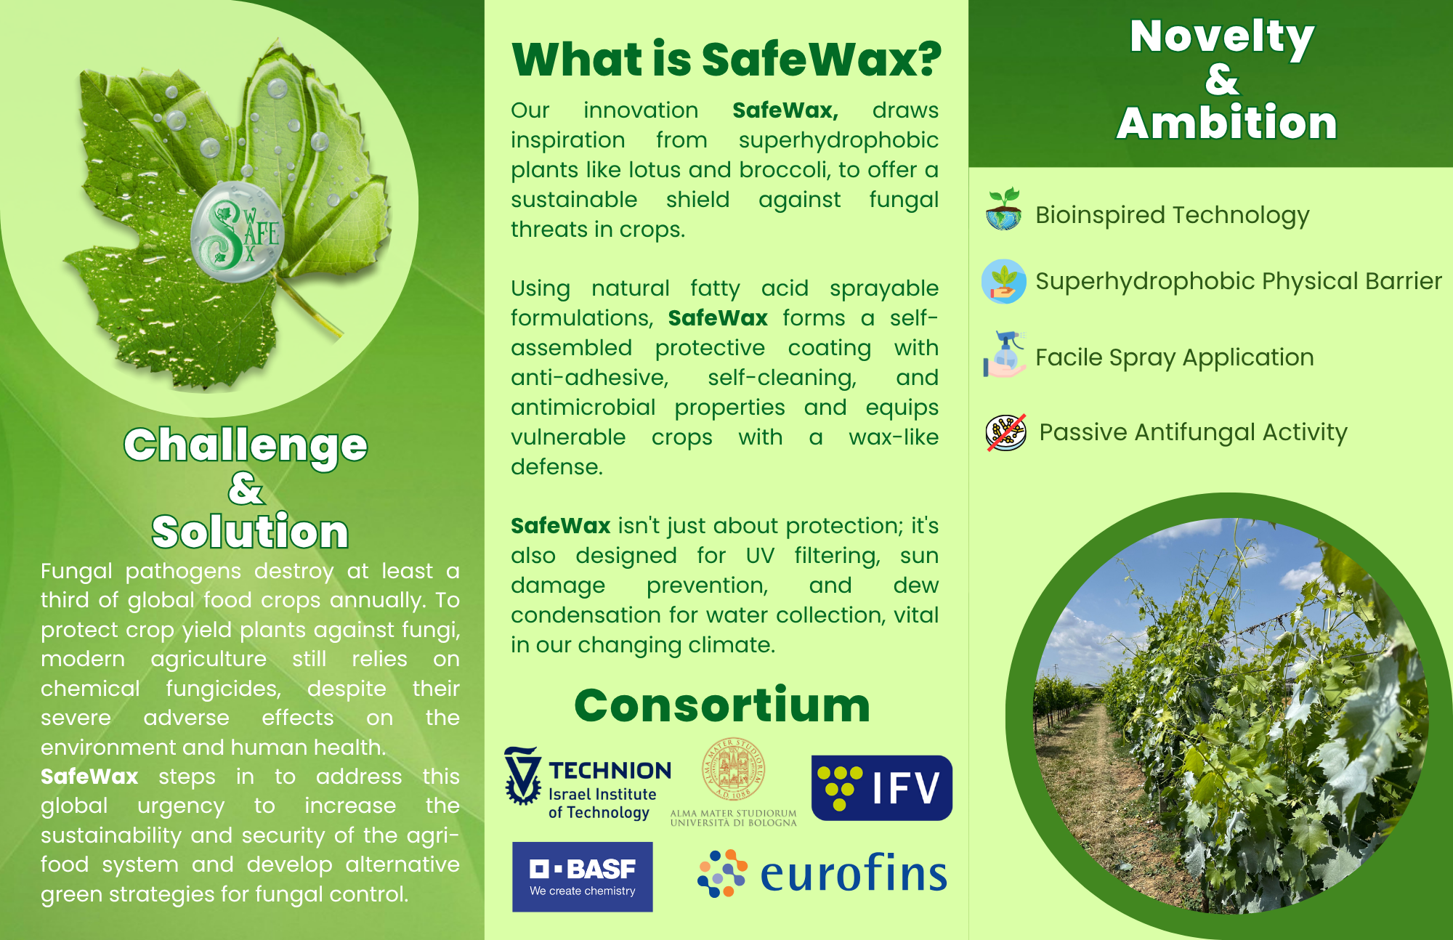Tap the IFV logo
coord(881,787)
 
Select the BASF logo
coord(583,877)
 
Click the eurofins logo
coord(822,873)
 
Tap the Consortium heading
coord(722,705)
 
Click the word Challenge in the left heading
coord(246,445)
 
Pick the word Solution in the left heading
coord(250,531)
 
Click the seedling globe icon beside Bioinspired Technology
coord(1004,209)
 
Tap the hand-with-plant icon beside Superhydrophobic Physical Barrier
coord(1004,281)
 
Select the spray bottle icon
coord(1004,354)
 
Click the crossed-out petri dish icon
coord(1006,433)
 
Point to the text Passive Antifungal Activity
coord(1193,433)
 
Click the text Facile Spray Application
coord(1174,358)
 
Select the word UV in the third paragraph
coord(760,556)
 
